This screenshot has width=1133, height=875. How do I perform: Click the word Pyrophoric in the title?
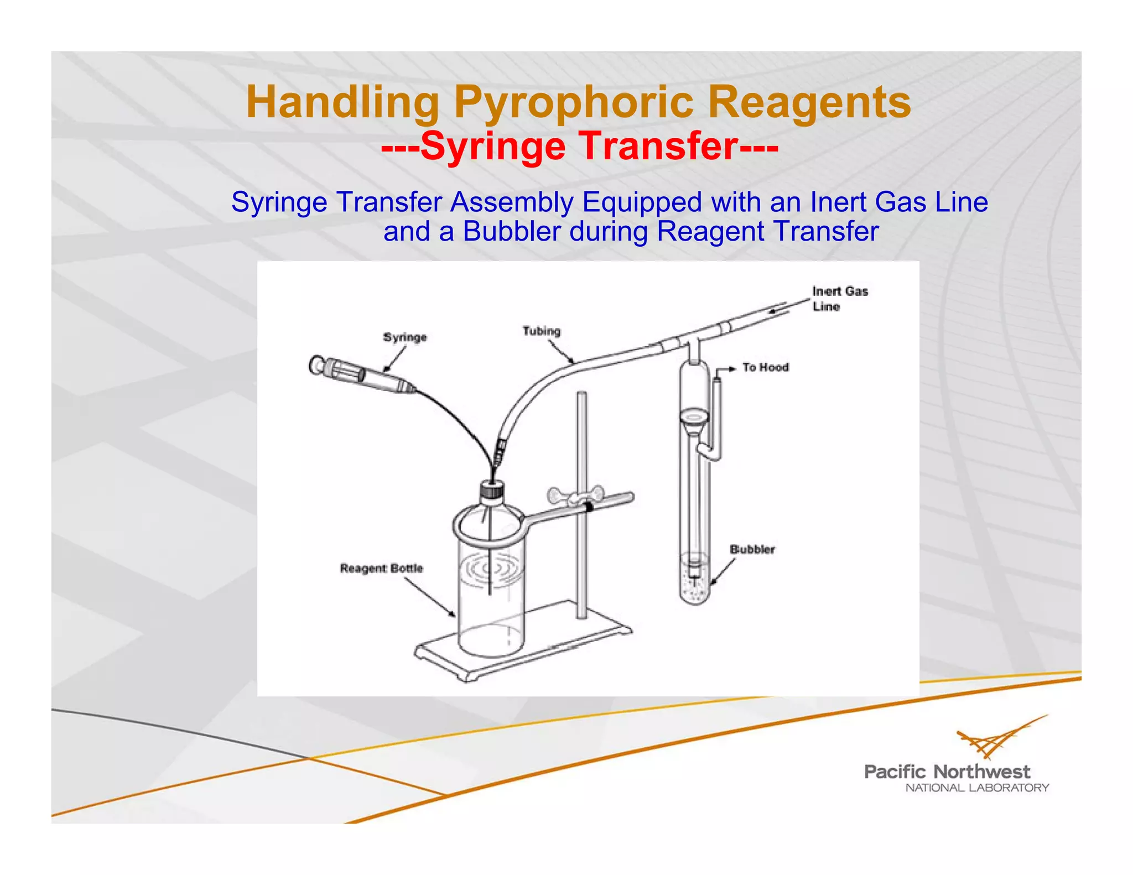(573, 102)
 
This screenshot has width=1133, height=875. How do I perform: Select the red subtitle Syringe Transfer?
(580, 146)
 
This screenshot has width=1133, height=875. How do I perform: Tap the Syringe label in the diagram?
(405, 337)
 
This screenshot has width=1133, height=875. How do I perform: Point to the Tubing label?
(542, 331)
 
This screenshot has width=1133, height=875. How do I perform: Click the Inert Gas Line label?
(839, 299)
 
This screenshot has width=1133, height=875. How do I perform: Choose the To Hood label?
(765, 367)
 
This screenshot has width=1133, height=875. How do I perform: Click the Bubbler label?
(752, 549)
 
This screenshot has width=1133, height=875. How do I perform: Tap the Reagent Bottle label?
(381, 568)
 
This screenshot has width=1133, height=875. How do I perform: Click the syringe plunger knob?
(316, 365)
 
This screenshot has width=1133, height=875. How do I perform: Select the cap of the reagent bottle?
(491, 489)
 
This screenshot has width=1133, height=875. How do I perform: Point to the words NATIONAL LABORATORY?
(977, 788)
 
